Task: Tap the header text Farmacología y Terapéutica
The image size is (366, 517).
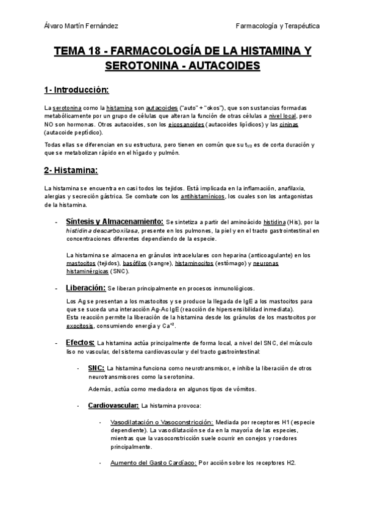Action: (x=278, y=26)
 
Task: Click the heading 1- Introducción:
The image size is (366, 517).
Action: (x=76, y=90)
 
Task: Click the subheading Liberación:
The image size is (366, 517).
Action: (x=86, y=287)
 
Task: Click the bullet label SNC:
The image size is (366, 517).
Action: (x=96, y=368)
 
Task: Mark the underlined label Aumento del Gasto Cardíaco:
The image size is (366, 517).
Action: (x=153, y=463)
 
